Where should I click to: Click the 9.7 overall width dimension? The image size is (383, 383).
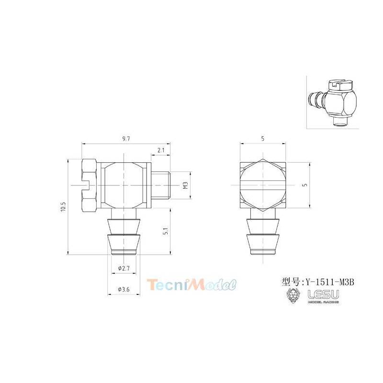126,139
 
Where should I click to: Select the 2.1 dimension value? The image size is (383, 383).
161,150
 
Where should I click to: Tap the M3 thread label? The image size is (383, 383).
185,185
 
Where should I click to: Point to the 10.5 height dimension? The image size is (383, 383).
63,207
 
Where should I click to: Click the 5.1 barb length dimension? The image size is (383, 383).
166,231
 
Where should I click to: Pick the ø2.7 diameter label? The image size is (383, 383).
124,268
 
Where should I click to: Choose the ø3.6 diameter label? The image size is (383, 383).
124,290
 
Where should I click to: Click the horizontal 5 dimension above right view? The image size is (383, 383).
263,139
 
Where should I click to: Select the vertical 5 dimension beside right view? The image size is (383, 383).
304,185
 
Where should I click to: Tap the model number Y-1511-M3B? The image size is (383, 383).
328,282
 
